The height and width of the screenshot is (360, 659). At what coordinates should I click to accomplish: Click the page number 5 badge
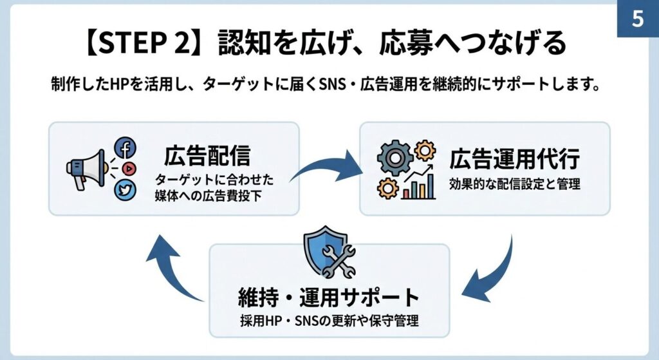pyautogui.click(x=637, y=19)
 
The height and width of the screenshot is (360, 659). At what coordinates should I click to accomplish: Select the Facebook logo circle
pyautogui.click(x=125, y=148)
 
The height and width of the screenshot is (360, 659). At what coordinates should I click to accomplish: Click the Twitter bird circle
pyautogui.click(x=125, y=189)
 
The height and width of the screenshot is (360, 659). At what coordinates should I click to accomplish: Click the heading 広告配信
pyautogui.click(x=207, y=156)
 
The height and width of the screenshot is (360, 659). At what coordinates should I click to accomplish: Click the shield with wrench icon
pyautogui.click(x=329, y=251)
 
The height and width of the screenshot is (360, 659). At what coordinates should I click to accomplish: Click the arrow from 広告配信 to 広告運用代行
pyautogui.click(x=325, y=166)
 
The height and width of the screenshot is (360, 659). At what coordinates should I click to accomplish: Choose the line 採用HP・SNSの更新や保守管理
pyautogui.click(x=328, y=321)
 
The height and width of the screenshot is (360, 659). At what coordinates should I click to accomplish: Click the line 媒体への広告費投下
pyautogui.click(x=206, y=195)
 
